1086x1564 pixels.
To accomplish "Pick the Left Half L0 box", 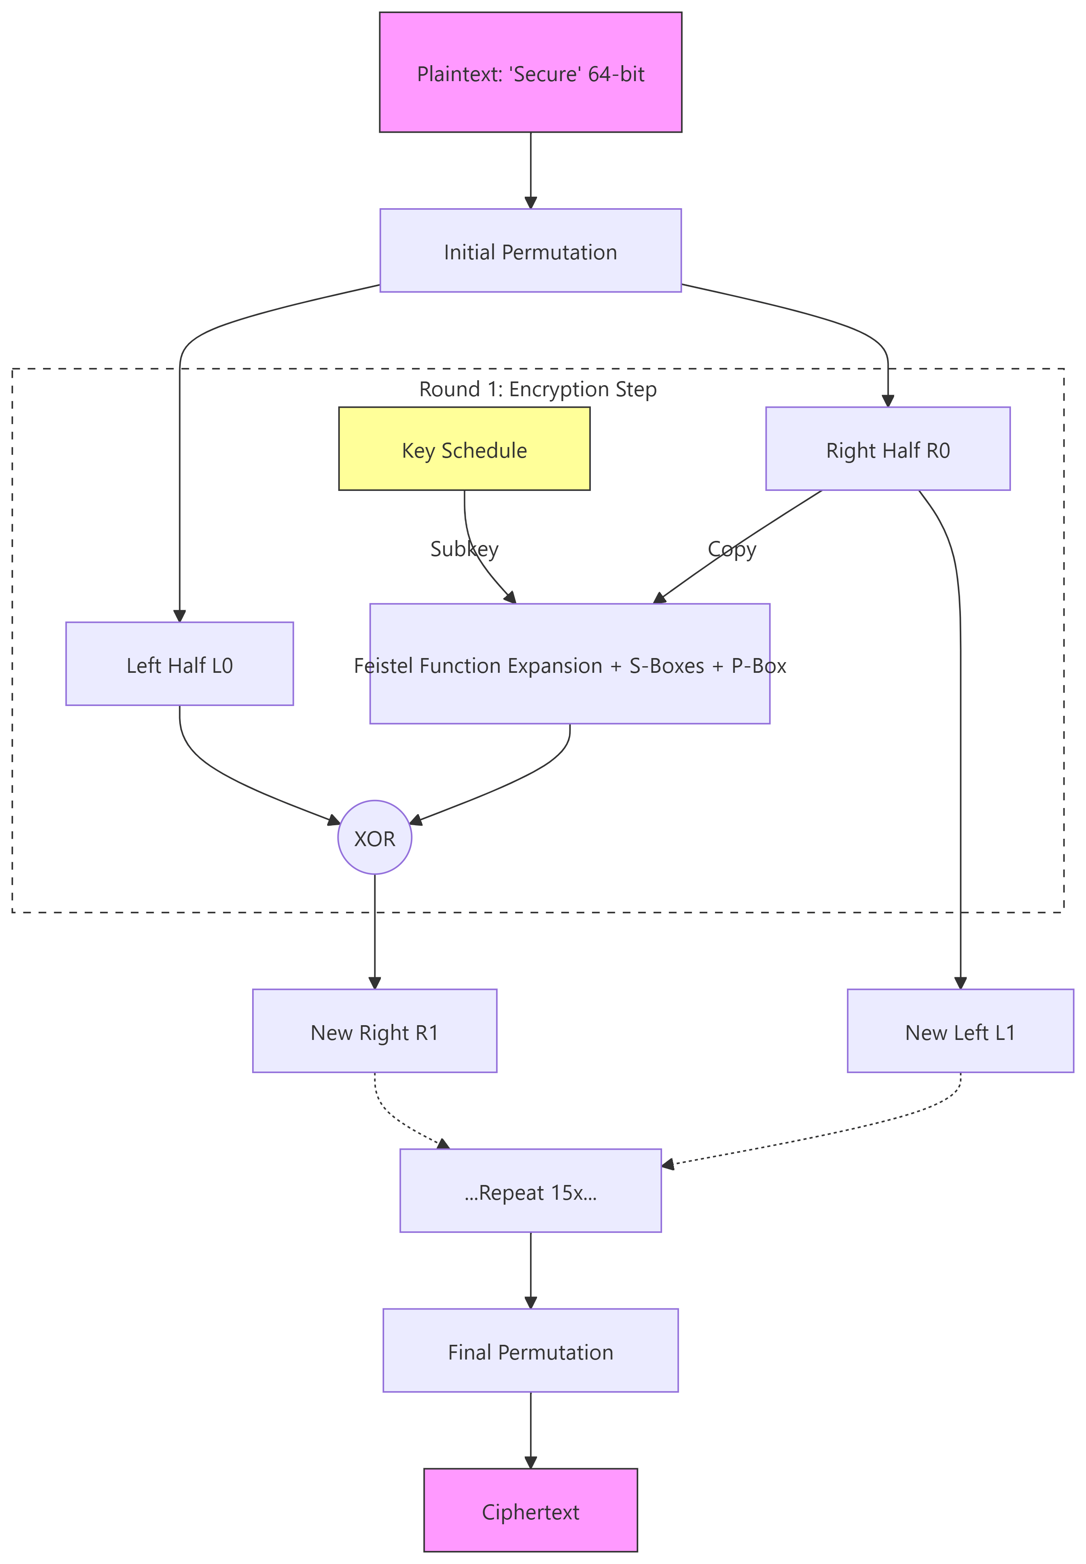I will [180, 664].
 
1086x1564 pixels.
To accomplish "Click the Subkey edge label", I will [464, 549].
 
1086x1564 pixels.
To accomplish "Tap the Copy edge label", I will [731, 549].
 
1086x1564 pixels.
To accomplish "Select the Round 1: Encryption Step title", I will [537, 389].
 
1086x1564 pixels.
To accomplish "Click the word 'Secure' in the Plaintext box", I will [544, 73].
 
